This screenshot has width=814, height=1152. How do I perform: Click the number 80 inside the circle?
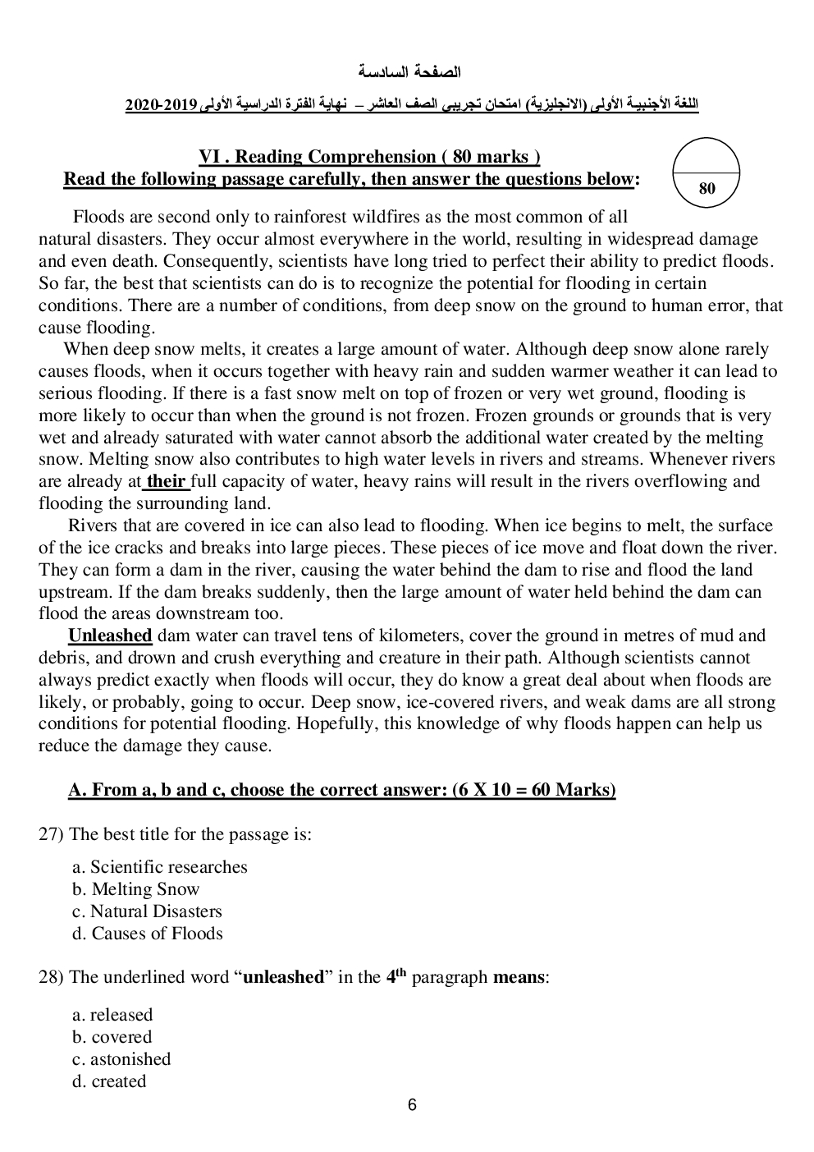point(707,189)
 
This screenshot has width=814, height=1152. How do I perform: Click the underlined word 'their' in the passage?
point(166,482)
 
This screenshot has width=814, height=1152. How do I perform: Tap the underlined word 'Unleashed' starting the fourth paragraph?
point(110,636)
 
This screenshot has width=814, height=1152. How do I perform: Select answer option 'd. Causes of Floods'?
point(148,934)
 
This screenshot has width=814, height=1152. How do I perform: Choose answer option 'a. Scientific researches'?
point(160,867)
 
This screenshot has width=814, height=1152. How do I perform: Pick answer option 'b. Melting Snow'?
point(136,889)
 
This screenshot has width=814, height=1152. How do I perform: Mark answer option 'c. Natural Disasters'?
point(147,911)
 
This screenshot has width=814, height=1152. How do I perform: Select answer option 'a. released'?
point(112,1015)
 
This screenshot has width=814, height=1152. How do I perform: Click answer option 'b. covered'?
point(112,1037)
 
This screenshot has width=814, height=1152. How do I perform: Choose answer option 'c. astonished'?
point(121,1059)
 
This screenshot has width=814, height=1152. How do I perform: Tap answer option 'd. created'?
point(109,1081)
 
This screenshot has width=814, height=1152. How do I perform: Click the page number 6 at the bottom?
point(412,1105)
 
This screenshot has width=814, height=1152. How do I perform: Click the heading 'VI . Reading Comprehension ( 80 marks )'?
point(369,157)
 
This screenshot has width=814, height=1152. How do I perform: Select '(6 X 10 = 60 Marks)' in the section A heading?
point(533,790)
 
